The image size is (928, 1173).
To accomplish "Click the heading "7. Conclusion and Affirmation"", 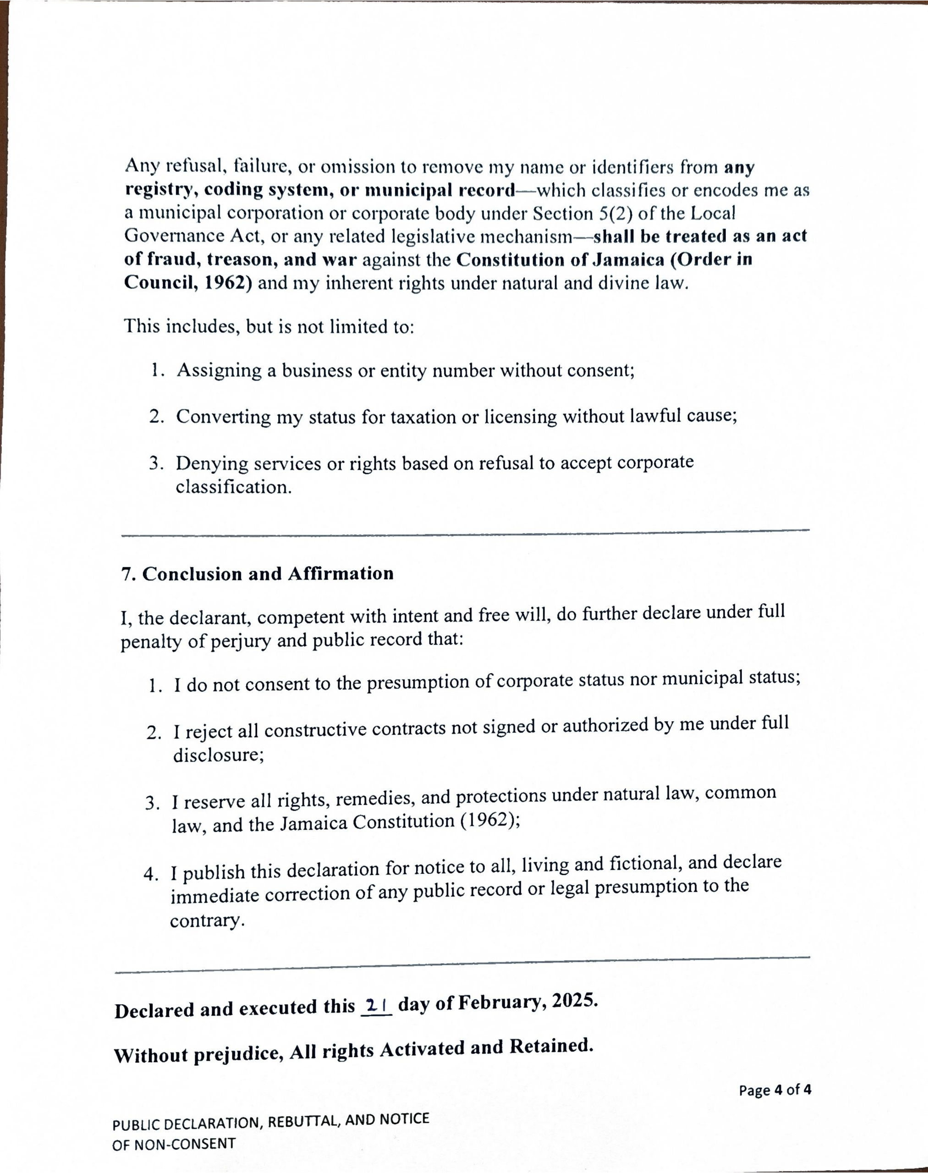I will click(257, 574).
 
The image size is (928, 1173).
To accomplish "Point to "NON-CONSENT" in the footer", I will click(185, 1144).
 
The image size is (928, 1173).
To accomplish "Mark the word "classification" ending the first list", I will click(234, 487).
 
